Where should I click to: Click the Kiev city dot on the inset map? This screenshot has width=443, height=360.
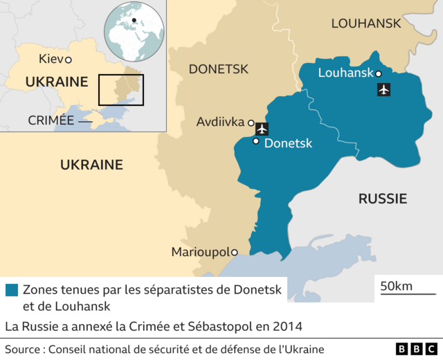[x=68, y=60]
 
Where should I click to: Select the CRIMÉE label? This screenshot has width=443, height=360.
[x=51, y=120]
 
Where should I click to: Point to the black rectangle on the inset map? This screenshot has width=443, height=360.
[x=120, y=90]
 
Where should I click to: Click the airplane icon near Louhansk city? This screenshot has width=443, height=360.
[x=383, y=89]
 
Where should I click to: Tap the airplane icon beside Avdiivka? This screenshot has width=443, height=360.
[x=262, y=128]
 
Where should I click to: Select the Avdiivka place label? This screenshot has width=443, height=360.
[x=220, y=123]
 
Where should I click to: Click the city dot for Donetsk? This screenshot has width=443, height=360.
[x=256, y=142]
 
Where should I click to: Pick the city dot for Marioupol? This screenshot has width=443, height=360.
[x=235, y=252]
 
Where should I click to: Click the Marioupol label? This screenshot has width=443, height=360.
[x=200, y=252]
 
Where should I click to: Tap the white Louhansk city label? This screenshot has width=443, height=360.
[x=345, y=73]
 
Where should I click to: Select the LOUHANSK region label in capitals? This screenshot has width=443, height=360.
[x=365, y=24]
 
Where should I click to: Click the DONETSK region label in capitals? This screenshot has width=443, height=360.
[x=218, y=69]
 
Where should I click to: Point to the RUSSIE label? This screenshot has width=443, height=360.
[x=382, y=199]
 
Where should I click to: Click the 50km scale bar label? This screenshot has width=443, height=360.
[x=396, y=286]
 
